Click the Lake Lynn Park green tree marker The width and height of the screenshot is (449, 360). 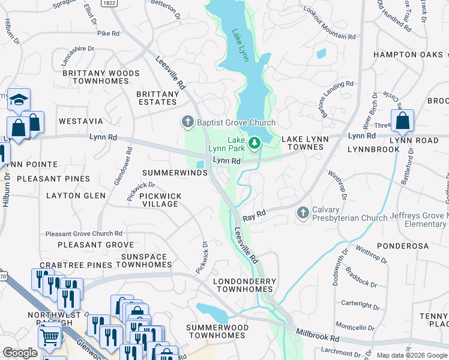click(x=255, y=143)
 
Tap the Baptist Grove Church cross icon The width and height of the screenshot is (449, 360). click(x=187, y=122)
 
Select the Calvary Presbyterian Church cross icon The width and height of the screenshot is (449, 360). click(x=303, y=213)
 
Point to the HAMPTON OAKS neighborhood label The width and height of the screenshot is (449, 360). click(x=406, y=55)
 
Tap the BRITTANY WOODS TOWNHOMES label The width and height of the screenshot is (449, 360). click(x=101, y=78)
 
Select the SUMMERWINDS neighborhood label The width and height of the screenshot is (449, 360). click(x=174, y=173)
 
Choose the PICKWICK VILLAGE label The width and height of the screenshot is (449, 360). click(x=158, y=200)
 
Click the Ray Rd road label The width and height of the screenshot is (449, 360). click(x=254, y=214)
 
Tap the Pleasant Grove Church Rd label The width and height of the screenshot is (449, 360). click(x=84, y=233)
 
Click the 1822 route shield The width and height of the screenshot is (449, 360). click(x=108, y=3)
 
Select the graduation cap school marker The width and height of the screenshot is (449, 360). click(x=19, y=99)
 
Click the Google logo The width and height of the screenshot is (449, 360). click(x=20, y=353)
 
